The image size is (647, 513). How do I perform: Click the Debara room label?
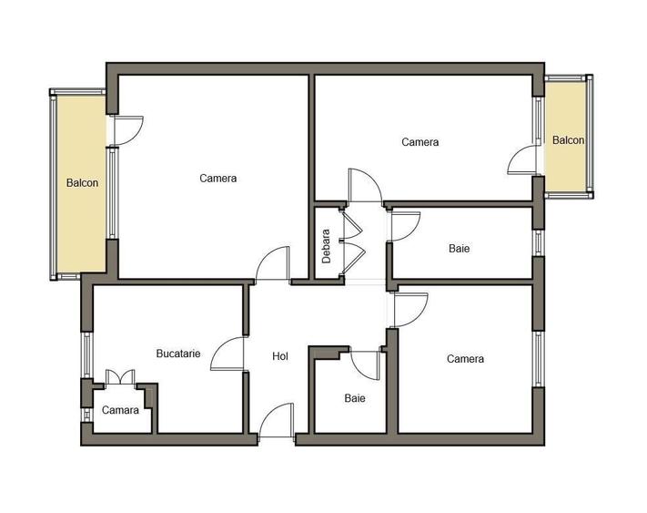coord(327,246)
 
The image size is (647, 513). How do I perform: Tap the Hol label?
coord(280,356)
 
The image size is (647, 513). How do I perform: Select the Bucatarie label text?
coord(178,354)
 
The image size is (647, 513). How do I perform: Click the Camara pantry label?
coord(120,410)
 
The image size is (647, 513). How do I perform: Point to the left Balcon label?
coord(82,182)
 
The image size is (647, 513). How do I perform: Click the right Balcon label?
coord(568,140)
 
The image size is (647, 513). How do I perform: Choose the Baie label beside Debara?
coord(459,248)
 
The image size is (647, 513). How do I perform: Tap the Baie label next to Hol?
coord(355,398)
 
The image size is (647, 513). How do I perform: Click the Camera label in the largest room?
coord(217,178)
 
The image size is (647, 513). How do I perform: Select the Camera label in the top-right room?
coord(420,142)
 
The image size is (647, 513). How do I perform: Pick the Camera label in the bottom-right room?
coord(465,358)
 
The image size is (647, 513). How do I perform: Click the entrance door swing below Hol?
coord(277,420)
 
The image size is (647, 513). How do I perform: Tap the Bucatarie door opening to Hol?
coord(227,354)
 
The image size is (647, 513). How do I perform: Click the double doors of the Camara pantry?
coord(120,377)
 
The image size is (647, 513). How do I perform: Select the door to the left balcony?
coord(128,130)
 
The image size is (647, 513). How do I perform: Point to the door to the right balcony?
coord(522,159)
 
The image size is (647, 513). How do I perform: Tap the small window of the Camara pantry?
coord(86,415)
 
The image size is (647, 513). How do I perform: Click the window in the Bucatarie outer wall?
coord(87,354)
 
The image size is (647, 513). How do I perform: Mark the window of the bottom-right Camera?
coord(538,359)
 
